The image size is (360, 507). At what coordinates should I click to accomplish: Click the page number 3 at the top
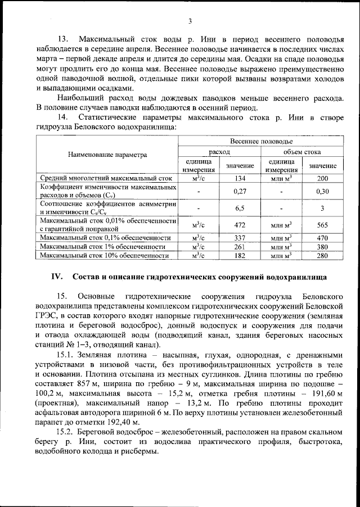(x=190, y=21)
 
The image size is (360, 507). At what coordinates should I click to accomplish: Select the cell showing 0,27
(x=240, y=191)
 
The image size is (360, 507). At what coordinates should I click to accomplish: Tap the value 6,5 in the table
(x=240, y=208)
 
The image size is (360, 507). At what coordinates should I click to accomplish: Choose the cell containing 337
(x=240, y=238)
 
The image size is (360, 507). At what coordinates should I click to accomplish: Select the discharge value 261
(x=240, y=247)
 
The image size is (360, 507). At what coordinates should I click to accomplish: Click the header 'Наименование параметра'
(x=107, y=154)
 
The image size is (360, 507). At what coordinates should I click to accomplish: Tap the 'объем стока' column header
(x=301, y=151)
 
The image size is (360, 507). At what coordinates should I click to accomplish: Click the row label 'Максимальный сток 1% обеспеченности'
(x=102, y=247)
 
